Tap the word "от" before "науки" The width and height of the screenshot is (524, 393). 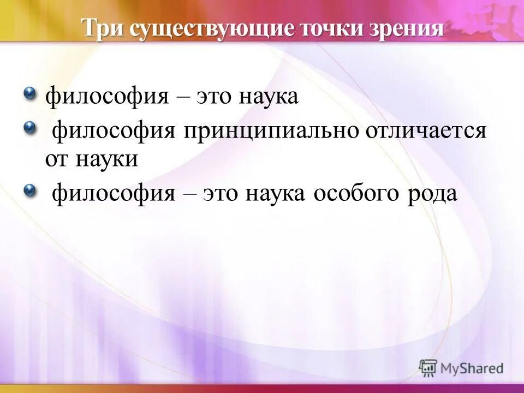pos(56,159)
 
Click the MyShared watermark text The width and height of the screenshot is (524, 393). pos(472,368)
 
